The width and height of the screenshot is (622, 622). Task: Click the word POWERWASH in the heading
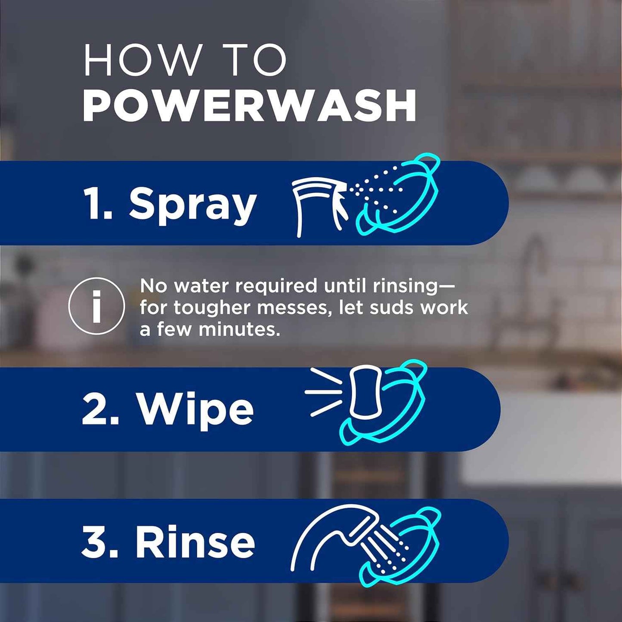click(x=250, y=106)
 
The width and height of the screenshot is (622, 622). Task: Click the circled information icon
click(x=97, y=306)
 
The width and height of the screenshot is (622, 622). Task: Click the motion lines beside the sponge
click(x=324, y=392)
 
